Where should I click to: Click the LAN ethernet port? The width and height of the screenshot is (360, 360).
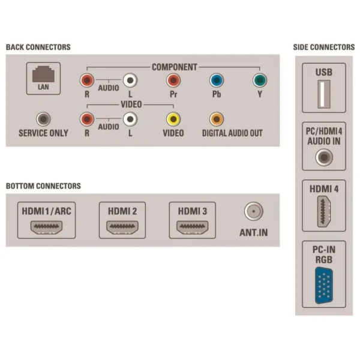43,74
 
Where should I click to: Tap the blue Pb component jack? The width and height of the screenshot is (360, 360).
217,80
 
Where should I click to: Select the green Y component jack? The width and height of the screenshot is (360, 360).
260,80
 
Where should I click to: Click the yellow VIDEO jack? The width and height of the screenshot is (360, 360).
173,119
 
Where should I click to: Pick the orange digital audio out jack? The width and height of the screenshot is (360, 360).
217,119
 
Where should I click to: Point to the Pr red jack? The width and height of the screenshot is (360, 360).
173,80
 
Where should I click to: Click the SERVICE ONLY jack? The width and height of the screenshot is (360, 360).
43,119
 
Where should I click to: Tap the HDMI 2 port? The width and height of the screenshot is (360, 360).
122,227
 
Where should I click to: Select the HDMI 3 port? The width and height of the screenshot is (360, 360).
193,227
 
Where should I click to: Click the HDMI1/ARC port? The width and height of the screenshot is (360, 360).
46,227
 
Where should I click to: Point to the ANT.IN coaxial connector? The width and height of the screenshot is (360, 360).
254,211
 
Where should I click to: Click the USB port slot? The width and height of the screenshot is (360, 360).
324,94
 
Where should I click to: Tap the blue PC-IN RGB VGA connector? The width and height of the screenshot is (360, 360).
324,286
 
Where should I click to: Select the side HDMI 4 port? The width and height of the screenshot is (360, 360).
324,211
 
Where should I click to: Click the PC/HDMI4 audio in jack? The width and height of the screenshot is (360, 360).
324,157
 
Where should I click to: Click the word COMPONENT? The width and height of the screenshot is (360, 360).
175,67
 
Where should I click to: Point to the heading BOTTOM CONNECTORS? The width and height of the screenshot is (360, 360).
43,186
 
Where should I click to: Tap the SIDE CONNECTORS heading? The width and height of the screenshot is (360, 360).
324,47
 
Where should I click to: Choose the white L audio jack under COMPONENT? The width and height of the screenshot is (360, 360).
130,80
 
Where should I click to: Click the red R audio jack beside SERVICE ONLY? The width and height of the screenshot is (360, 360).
87,119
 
